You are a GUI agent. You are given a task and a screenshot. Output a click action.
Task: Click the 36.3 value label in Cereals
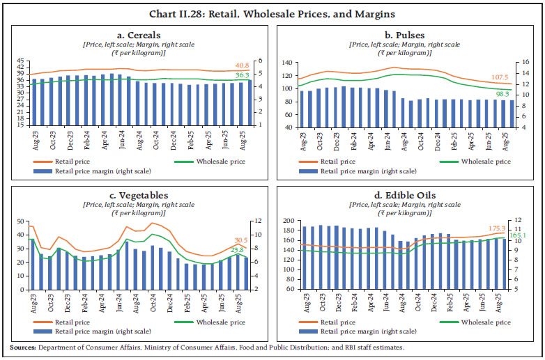(242, 75)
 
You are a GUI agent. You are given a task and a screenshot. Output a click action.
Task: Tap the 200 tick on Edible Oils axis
(289, 221)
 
